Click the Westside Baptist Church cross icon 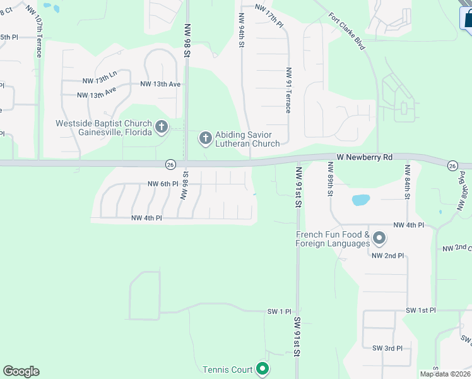[x=161, y=127]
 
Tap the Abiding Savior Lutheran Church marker [x=205, y=138]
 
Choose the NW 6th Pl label [x=164, y=184]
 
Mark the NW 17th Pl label [x=270, y=15]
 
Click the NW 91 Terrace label [x=288, y=90]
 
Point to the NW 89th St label [x=329, y=179]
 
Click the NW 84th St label [x=408, y=182]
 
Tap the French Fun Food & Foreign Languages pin [x=379, y=239]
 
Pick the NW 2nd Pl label [x=387, y=255]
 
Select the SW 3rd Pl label [x=387, y=348]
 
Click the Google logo [x=21, y=371]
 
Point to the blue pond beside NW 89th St [x=360, y=200]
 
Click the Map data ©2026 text [x=445, y=374]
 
